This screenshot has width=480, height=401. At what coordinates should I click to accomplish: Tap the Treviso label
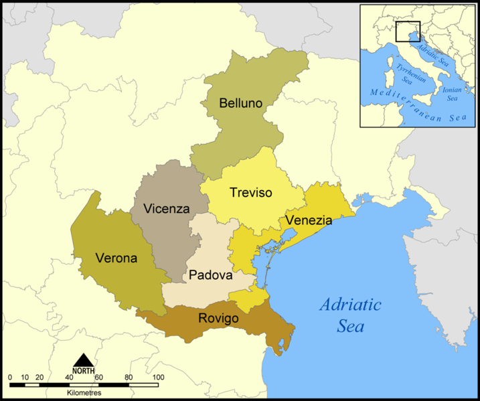[250, 193]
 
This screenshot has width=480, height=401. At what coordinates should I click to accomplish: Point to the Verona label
[116, 258]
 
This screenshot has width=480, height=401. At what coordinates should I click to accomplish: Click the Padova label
[210, 275]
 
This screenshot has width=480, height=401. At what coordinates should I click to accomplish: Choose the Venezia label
[309, 220]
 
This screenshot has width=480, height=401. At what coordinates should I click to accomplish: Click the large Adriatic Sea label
[351, 315]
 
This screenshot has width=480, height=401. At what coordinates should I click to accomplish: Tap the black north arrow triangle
[84, 360]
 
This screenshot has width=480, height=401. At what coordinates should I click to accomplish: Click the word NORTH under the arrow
[84, 371]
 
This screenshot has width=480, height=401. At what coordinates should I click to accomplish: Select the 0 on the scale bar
[10, 378]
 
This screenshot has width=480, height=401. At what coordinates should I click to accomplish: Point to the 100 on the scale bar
[158, 378]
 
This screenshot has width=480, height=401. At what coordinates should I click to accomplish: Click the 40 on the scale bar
[69, 378]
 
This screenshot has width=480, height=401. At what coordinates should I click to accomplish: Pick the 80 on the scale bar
[129, 378]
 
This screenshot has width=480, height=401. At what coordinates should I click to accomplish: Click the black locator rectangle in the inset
[407, 31]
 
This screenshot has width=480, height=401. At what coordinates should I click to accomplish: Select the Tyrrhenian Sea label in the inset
[405, 75]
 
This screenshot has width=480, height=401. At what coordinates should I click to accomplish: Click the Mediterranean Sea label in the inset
[414, 107]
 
